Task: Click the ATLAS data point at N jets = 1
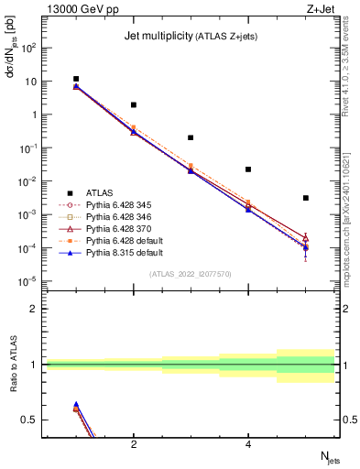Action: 76,80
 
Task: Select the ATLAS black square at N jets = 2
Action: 134,105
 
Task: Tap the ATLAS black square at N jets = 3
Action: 191,137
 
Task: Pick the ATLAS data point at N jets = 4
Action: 248,169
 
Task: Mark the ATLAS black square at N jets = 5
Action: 306,198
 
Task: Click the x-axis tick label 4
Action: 248,445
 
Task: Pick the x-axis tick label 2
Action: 134,445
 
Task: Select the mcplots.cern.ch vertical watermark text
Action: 352,215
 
